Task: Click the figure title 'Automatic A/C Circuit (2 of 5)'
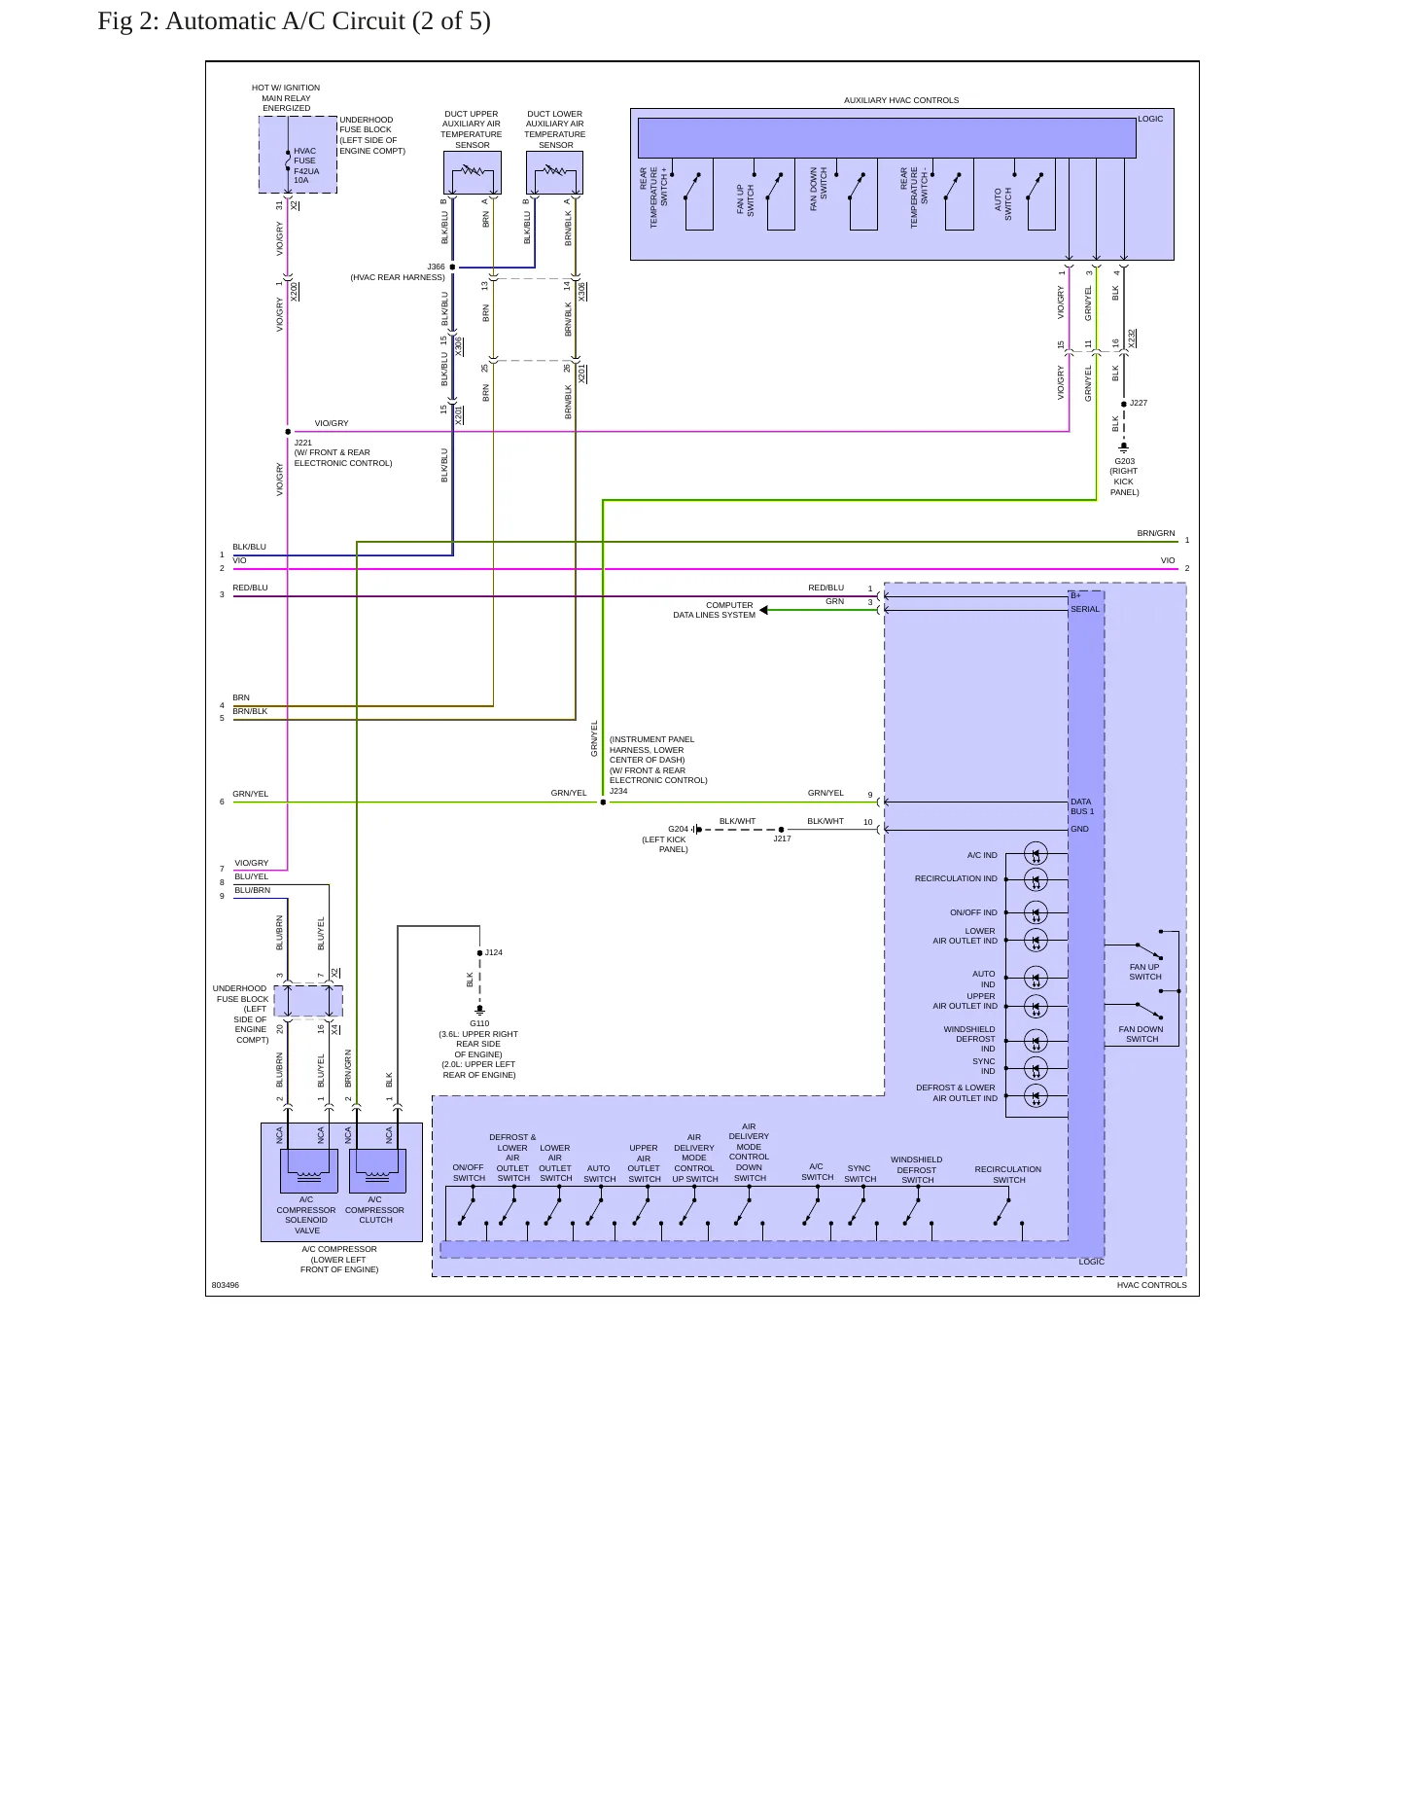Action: point(328,21)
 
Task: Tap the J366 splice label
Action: point(436,267)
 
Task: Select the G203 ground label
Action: point(1124,462)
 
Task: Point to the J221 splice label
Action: point(303,443)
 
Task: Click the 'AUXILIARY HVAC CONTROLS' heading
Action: point(901,100)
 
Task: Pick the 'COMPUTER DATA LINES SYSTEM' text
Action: point(715,610)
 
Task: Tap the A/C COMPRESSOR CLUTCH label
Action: point(375,1210)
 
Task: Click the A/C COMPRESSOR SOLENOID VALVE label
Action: point(306,1215)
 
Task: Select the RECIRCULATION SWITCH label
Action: point(1008,1175)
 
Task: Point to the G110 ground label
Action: point(479,1023)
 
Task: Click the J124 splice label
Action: point(494,952)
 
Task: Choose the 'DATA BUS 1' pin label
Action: point(1082,806)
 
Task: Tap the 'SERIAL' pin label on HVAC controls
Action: point(1085,609)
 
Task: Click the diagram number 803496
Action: point(226,1285)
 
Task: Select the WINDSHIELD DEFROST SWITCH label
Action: point(917,1170)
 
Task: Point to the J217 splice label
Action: point(782,838)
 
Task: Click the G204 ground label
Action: point(678,829)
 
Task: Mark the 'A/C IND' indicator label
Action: point(982,855)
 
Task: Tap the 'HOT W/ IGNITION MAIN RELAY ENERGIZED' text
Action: point(286,97)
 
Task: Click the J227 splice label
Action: point(1139,403)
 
